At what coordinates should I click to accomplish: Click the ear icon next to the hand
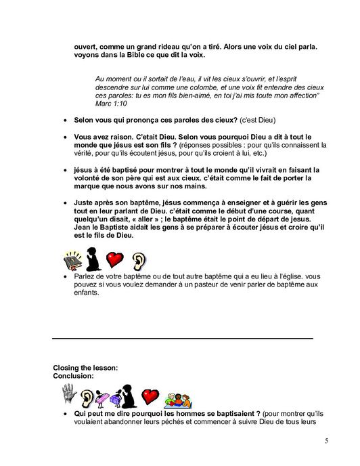(87, 395)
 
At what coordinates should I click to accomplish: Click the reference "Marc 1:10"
(113, 104)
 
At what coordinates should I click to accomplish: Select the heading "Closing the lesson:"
(85, 368)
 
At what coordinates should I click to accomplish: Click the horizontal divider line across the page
(183, 337)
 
